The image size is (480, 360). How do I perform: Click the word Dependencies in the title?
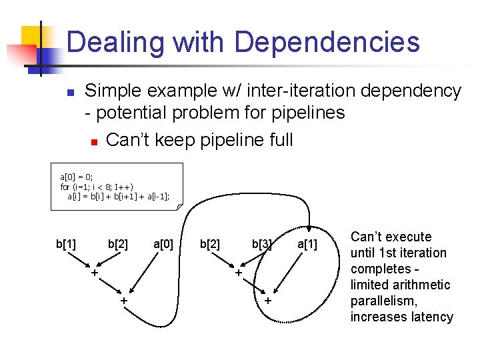click(327, 43)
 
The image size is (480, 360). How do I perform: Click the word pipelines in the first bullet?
click(308, 113)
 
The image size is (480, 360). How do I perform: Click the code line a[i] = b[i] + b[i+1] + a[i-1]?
click(118, 196)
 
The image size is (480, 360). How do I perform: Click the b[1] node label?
click(66, 244)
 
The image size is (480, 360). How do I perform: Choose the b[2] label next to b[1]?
click(118, 244)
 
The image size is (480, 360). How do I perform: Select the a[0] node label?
click(163, 244)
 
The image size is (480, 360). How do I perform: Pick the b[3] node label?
click(262, 244)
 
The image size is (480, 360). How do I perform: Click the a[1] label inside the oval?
click(307, 245)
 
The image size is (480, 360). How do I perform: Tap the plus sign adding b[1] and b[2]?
click(95, 273)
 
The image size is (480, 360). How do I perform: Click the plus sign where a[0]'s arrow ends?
click(124, 301)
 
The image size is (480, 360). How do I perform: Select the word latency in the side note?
click(429, 317)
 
